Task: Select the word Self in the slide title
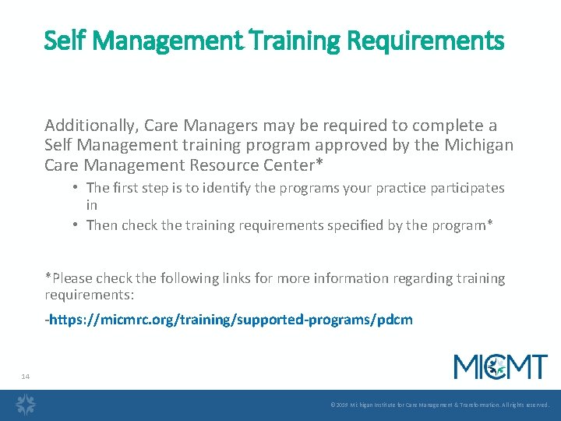coord(62,40)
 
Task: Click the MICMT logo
coord(500,366)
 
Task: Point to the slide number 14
coord(25,377)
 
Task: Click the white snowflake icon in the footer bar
coord(26,405)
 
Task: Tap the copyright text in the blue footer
coord(439,405)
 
